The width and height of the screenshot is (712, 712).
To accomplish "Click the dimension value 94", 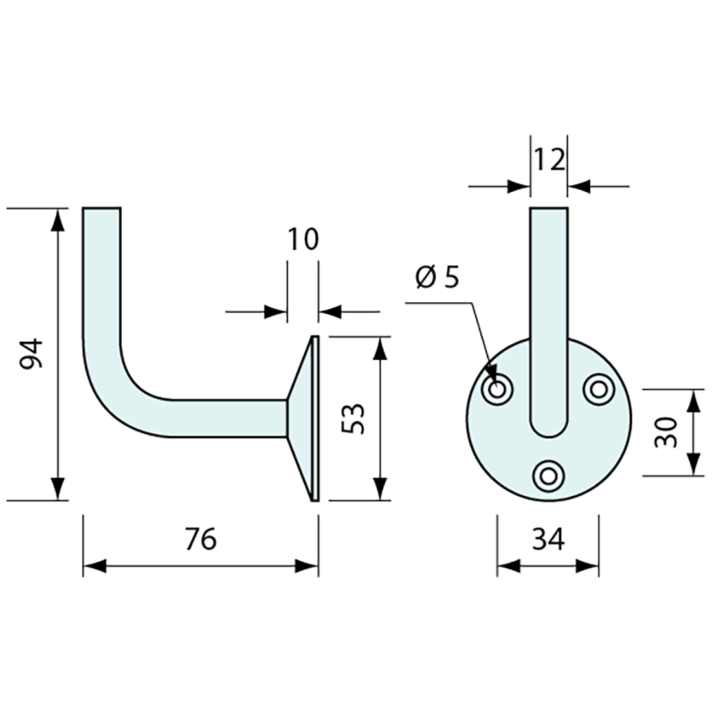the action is pyautogui.click(x=32, y=353).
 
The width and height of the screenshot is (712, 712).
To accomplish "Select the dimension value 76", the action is pyautogui.click(x=201, y=539).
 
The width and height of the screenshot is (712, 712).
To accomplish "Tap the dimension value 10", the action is pyautogui.click(x=304, y=239).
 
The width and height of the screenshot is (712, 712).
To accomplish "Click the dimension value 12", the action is pyautogui.click(x=549, y=160).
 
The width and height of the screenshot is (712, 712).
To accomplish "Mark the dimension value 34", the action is pyautogui.click(x=548, y=539).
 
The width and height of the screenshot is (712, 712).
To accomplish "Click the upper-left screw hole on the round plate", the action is pyautogui.click(x=498, y=389).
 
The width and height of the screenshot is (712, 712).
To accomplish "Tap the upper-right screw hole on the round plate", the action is pyautogui.click(x=599, y=389).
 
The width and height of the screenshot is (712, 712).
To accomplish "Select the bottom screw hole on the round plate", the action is pyautogui.click(x=548, y=477).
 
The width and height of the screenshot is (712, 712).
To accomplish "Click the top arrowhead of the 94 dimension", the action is pyautogui.click(x=57, y=221).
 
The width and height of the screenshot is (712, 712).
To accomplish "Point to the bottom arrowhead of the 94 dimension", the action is pyautogui.click(x=57, y=488).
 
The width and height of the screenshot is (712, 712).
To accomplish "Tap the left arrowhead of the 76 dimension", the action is pyautogui.click(x=95, y=566).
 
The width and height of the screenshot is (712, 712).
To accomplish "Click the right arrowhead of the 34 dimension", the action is pyautogui.click(x=587, y=566).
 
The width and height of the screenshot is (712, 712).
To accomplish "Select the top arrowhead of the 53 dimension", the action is pyautogui.click(x=381, y=349).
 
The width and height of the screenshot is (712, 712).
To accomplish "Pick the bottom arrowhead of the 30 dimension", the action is pyautogui.click(x=693, y=464).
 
